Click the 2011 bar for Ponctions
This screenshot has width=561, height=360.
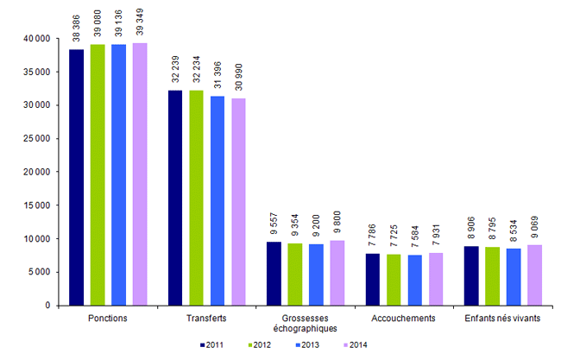(x=77, y=177)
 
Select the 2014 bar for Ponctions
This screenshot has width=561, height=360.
(x=140, y=174)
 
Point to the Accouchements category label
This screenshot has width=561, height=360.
(x=405, y=319)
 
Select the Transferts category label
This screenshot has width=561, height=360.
(x=207, y=319)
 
